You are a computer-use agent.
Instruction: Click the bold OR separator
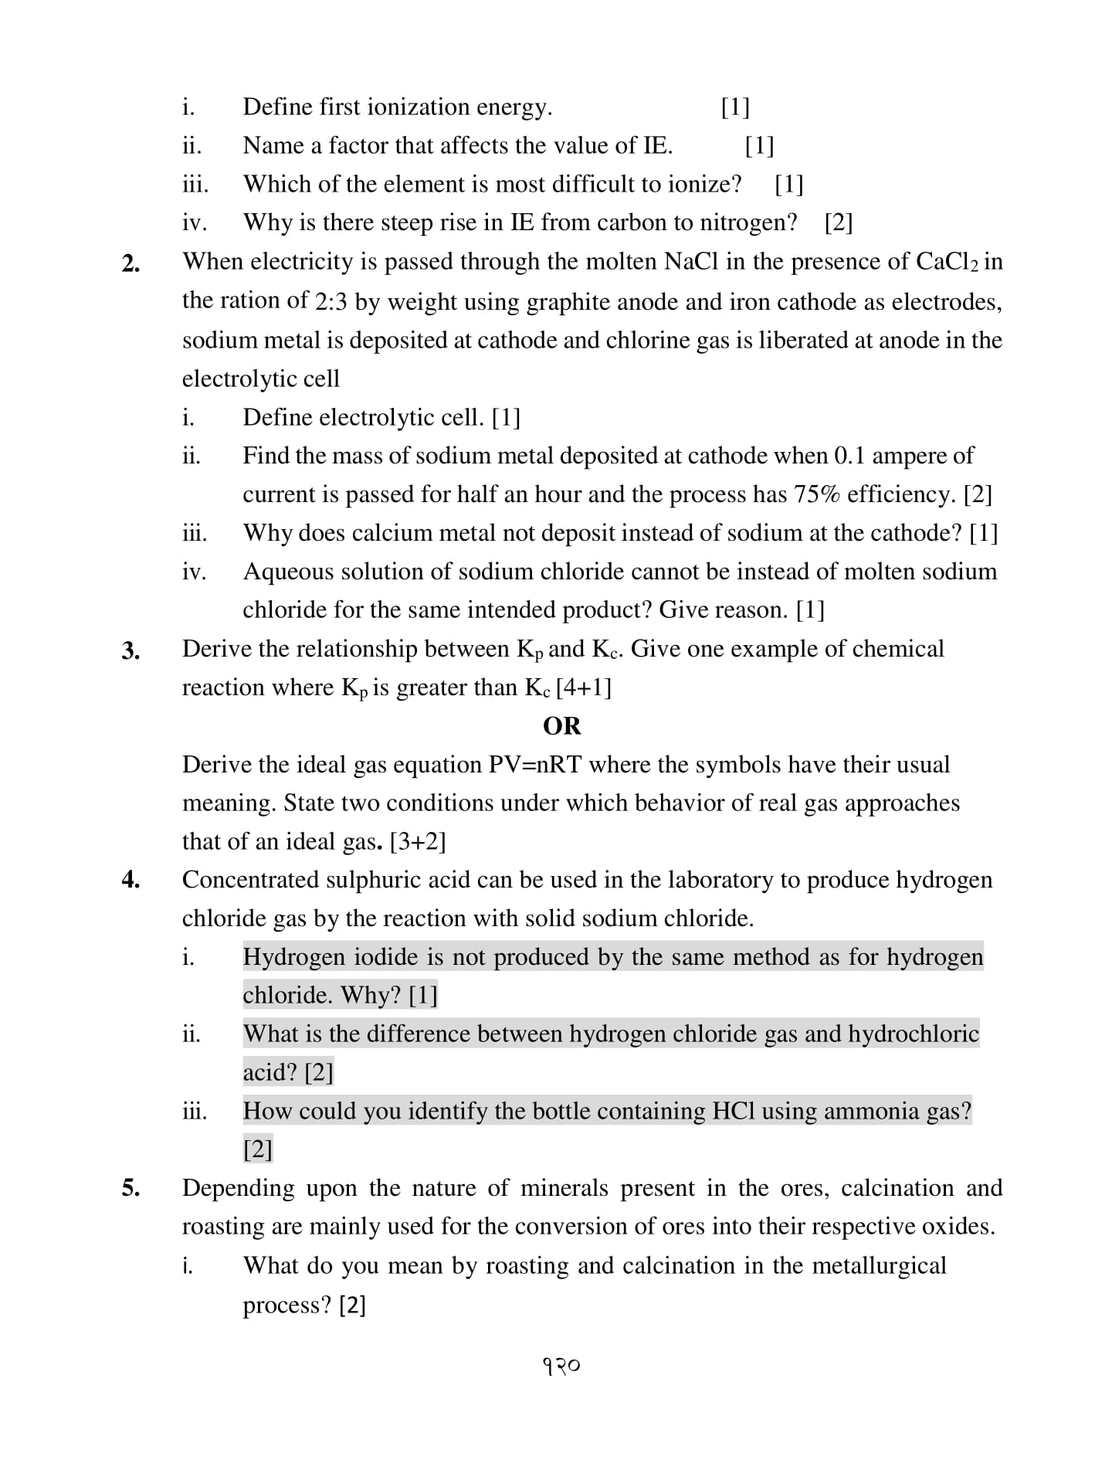561,726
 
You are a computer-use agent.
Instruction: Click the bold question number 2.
131,264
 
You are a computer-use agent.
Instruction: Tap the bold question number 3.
131,651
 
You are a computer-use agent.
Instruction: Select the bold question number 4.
131,880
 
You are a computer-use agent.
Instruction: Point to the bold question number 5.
131,1188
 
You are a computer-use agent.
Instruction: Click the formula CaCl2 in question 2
948,262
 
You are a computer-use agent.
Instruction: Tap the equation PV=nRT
535,765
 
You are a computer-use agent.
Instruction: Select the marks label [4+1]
584,688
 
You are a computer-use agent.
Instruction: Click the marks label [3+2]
418,841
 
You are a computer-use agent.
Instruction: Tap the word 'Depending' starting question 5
239,1188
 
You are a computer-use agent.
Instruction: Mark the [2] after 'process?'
352,1306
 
